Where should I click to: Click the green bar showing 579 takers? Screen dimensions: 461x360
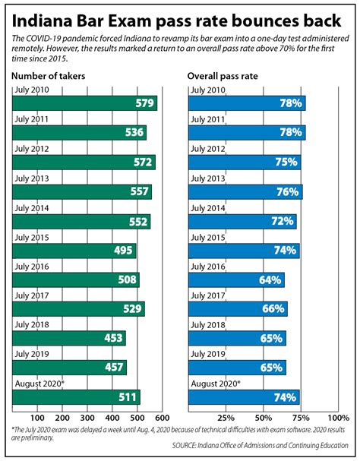click(84, 104)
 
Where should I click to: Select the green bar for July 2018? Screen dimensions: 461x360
click(69, 338)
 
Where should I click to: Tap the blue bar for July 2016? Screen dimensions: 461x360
click(236, 279)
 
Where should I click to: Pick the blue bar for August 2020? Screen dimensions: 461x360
click(244, 396)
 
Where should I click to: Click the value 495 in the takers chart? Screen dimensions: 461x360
click(122, 251)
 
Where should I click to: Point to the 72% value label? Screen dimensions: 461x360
click(283, 222)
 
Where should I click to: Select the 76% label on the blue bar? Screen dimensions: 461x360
click(287, 192)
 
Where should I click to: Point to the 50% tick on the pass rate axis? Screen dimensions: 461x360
click(263, 418)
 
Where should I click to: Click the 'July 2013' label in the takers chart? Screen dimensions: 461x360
click(31, 178)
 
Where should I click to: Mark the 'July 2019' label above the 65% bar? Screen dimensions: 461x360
click(206, 354)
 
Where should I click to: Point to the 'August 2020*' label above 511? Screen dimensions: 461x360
click(39, 384)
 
